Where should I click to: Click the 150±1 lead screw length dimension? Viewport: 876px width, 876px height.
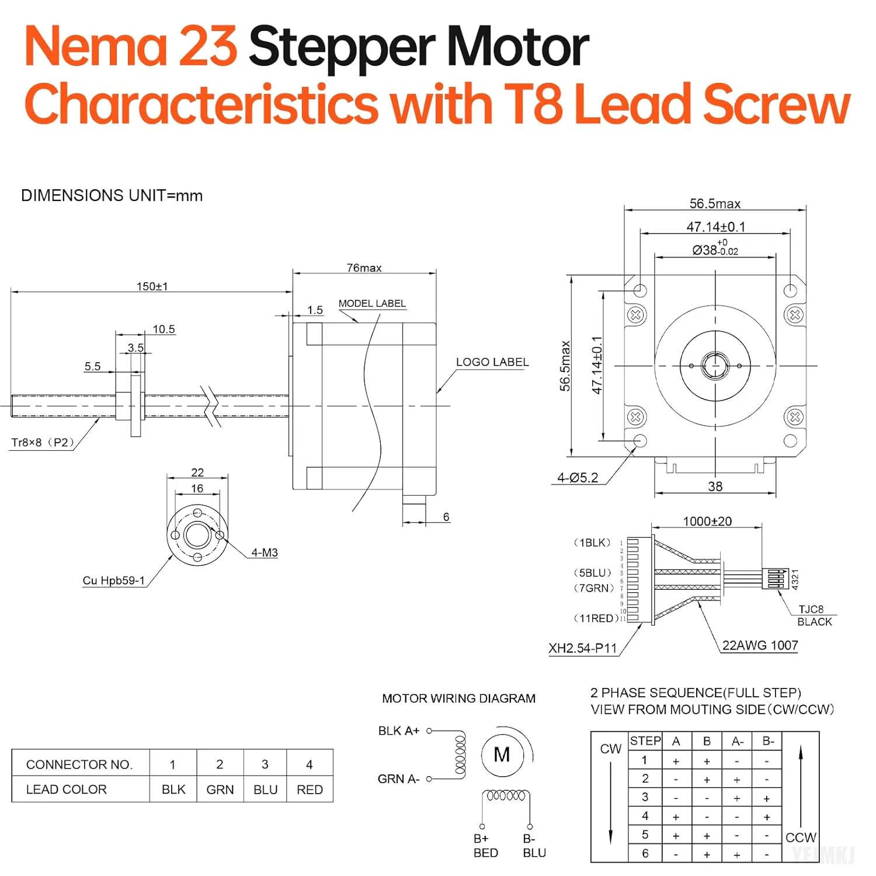[x=152, y=286]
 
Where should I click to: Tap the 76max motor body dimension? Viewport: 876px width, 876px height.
[x=364, y=268]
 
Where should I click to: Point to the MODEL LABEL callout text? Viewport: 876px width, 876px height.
[x=372, y=304]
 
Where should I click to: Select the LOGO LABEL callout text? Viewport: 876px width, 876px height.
[x=492, y=362]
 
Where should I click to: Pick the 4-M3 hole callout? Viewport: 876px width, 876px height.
[x=265, y=552]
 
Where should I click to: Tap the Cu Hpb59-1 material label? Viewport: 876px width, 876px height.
[x=113, y=580]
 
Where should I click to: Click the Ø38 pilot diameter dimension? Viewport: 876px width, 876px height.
[x=715, y=250]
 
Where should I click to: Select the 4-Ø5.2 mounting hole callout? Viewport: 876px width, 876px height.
[x=578, y=478]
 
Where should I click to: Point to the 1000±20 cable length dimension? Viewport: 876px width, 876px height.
[x=707, y=521]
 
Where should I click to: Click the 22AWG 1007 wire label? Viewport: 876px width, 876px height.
[x=760, y=645]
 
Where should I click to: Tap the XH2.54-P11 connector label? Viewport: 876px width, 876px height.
[x=582, y=648]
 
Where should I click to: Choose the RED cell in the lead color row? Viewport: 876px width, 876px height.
[x=310, y=790]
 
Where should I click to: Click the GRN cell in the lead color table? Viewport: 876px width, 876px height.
[x=220, y=790]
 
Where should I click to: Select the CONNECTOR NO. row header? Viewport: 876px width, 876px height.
[x=79, y=764]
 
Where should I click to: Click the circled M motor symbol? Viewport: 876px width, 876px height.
[x=502, y=755]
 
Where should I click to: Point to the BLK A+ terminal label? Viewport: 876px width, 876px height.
[x=399, y=731]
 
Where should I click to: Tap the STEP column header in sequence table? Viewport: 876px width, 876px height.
[x=645, y=741]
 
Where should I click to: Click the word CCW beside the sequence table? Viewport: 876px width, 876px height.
[x=801, y=837]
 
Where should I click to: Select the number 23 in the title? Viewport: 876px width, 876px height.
[x=207, y=47]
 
